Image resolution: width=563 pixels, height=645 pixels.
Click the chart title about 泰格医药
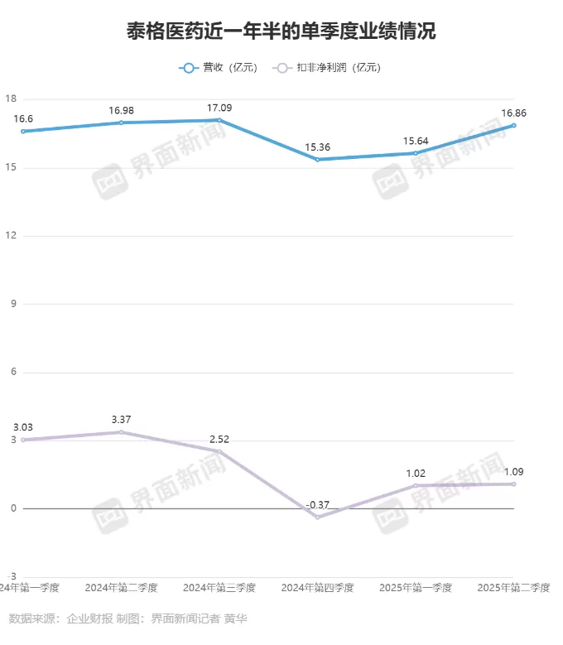tap(281, 32)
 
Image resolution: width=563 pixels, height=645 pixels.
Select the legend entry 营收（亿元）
tap(218, 68)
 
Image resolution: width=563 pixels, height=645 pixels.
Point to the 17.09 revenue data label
tap(219, 107)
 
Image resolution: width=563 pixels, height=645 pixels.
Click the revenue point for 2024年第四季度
tap(317, 159)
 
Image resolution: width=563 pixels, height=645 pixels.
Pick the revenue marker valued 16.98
tap(121, 123)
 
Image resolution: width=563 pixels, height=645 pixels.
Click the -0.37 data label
tap(317, 504)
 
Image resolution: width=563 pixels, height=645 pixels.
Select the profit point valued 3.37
tap(121, 432)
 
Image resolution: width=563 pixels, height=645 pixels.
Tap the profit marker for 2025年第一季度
tap(416, 485)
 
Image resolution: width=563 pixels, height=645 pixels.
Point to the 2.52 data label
tap(219, 439)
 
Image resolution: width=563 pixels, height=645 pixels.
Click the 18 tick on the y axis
tap(12, 99)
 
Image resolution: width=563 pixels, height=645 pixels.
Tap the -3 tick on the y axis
tap(12, 576)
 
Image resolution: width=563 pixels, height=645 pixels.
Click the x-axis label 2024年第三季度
tap(219, 588)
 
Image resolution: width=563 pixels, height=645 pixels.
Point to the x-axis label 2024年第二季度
tap(121, 588)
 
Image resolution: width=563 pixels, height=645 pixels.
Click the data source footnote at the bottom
tap(128, 619)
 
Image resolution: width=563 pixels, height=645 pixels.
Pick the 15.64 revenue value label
tap(416, 141)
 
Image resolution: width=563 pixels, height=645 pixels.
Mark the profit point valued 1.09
tap(513, 484)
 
